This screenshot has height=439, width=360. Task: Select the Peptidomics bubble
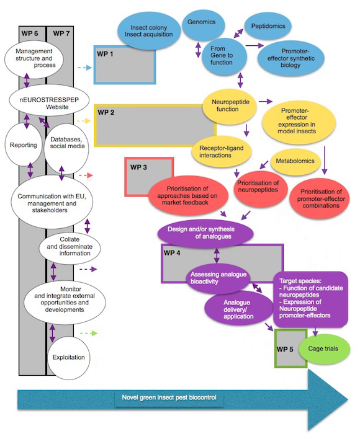pos(268,26)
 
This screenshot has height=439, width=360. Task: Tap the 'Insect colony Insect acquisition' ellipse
pos(148,31)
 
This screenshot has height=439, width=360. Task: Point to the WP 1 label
pos(105,54)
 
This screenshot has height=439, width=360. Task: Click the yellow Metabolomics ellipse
pos(295,162)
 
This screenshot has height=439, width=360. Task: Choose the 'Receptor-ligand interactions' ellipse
pos(222,151)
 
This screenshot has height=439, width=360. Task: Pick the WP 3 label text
pos(138,167)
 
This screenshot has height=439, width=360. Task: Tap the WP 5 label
pos(285,350)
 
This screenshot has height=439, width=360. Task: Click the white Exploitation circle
pos(69,358)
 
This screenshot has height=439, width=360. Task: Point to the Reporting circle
pos(24,144)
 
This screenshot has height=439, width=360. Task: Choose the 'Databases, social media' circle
pos(66,145)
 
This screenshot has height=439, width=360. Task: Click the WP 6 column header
pos(30,33)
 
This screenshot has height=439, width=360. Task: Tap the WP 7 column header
pos(61,33)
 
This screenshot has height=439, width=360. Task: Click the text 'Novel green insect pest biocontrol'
pos(169,397)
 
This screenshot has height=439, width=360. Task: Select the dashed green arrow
pos(89,333)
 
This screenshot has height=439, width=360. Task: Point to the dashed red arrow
pos(86,175)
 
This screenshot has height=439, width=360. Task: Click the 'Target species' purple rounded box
pos(311,299)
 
